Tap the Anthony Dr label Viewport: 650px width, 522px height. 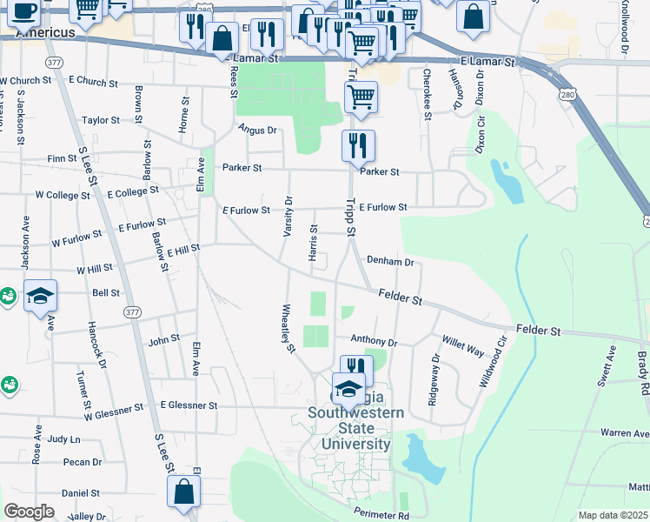374,342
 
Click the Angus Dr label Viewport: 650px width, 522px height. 257,130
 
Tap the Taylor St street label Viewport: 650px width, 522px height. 101,121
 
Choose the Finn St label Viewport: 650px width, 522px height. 63,159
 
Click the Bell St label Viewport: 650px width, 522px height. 106,293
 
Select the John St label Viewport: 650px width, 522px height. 164,339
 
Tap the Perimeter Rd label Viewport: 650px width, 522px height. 381,515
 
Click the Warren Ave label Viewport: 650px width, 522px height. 625,432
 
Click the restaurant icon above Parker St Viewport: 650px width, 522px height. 358,144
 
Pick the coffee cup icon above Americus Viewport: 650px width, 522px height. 24,10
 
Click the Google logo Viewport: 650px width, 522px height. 29,511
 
